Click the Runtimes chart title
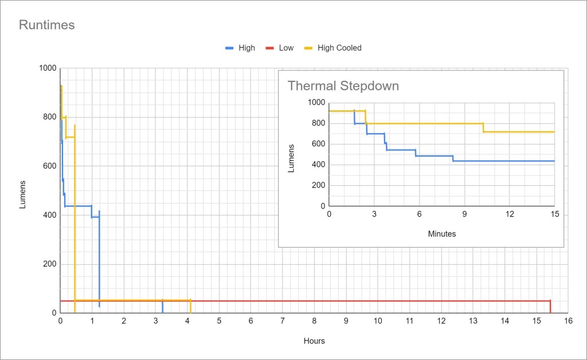pos(47,25)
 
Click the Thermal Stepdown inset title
pos(343,86)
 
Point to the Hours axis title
pos(314,341)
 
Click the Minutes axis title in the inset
pos(442,234)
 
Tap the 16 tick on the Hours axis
pos(568,323)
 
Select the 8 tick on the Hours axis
pos(314,323)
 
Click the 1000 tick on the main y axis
pos(48,68)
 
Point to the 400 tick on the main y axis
pos(50,215)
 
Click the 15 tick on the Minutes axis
pos(554,214)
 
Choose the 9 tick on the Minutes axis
pos(464,214)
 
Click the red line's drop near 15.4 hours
pos(550,306)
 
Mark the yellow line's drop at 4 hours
pos(190,306)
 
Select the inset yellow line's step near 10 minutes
pos(483,127)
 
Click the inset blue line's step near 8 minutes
pos(453,158)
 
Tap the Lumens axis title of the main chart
pos(23,194)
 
